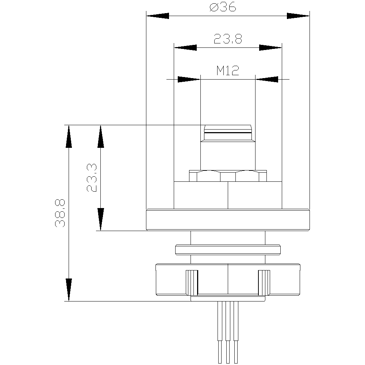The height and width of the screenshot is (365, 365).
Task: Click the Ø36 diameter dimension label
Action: (223, 7)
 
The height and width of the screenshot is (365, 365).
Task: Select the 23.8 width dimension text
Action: (228, 39)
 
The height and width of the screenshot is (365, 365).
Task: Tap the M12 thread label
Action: (228, 70)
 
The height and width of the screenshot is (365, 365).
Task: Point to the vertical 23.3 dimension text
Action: (92, 178)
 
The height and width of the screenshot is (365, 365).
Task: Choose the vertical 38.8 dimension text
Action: (60, 213)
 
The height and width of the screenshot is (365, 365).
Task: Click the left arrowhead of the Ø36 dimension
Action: (158, 16)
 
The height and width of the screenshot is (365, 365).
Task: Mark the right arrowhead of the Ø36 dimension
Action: (298, 16)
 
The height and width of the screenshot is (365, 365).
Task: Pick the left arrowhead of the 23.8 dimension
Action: (185, 48)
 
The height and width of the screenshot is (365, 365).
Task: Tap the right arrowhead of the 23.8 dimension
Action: (270, 48)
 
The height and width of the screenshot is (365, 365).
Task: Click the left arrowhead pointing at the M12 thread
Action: (189, 79)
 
